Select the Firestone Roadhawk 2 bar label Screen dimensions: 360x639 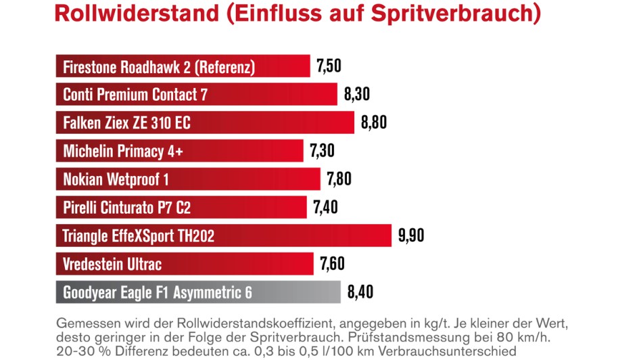click(x=158, y=67)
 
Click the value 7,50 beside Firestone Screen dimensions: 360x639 click(x=329, y=66)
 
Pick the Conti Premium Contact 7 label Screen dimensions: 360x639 click(x=135, y=95)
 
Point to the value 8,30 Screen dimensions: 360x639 click(x=356, y=95)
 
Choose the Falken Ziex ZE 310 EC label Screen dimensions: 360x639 click(x=126, y=123)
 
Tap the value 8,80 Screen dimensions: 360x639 click(x=373, y=123)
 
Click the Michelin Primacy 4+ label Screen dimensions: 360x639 click(x=123, y=152)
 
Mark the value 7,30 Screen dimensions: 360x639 click(x=322, y=151)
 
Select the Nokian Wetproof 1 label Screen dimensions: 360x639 click(x=116, y=179)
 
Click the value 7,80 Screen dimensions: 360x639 click(x=339, y=179)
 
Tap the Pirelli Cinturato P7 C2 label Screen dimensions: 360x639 click(x=131, y=208)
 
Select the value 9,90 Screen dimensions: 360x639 click(x=411, y=236)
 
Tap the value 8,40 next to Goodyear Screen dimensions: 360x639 click(x=360, y=292)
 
